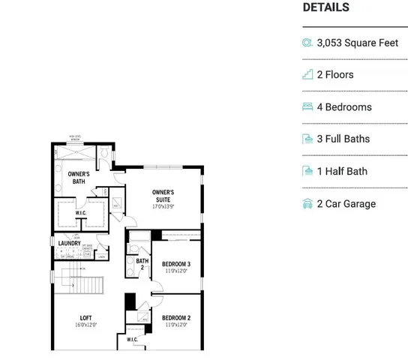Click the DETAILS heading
[325, 7]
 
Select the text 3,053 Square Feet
[358, 43]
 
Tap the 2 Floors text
[335, 75]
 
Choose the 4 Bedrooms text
[344, 107]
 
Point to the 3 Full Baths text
[343, 139]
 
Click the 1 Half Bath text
[342, 172]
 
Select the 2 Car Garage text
[346, 204]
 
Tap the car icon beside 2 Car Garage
[307, 204]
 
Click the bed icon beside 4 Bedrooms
[307, 107]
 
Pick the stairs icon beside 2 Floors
[307, 75]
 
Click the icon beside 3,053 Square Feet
[307, 43]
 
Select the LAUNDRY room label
[69, 242]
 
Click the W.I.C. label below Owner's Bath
[82, 212]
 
